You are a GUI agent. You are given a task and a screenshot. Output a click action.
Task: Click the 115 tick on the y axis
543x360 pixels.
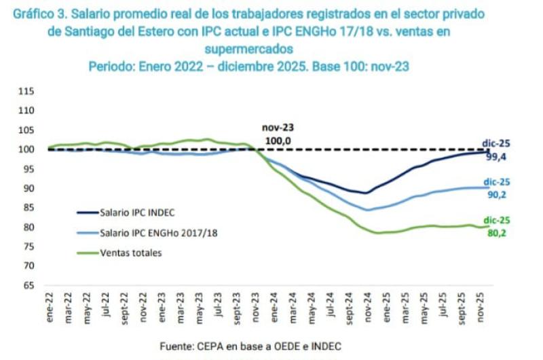coord(26,91)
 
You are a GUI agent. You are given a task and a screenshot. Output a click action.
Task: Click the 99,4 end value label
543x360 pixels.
coord(496,156)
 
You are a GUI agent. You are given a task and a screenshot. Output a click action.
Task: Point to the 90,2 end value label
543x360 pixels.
coord(496,195)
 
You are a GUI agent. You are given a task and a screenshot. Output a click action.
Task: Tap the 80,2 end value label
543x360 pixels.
coord(496,232)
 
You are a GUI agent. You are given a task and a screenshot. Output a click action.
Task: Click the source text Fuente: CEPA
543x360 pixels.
coord(197,346)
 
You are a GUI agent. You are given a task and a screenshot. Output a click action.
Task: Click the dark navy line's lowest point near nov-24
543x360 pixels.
coord(366,193)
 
